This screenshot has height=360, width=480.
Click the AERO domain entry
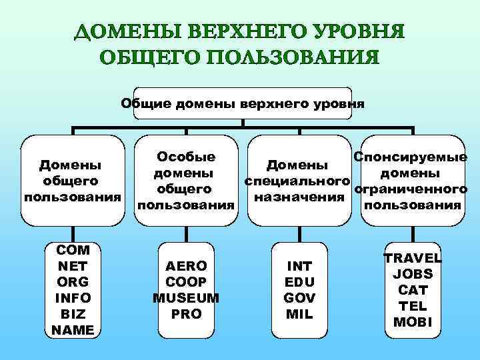187,265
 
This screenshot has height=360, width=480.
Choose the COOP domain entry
187,281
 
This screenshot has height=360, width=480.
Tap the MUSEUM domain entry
187,297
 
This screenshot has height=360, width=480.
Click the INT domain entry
300,265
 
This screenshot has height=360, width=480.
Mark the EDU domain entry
300,281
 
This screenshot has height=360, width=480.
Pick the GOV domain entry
300,297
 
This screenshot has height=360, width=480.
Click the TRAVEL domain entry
413,258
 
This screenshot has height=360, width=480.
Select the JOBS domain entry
413,273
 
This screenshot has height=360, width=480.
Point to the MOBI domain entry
413,322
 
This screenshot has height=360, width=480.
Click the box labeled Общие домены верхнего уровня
243,104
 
